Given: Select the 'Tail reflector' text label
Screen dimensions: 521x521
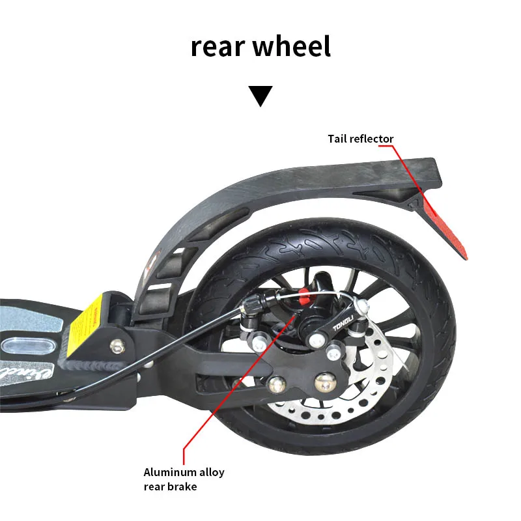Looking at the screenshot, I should click(x=360, y=139).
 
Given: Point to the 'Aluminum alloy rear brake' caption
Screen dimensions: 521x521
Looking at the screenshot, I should click(x=184, y=479).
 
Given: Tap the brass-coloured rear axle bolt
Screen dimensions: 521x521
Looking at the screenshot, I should click(x=324, y=381).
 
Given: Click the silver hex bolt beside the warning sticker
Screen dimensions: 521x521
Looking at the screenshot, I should click(x=117, y=345).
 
